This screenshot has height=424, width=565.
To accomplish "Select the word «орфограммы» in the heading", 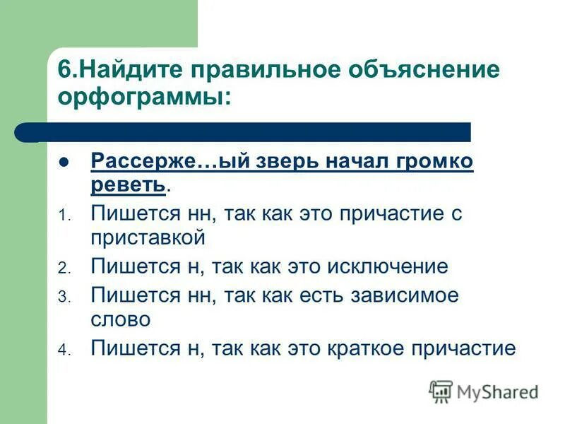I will (x=139, y=97).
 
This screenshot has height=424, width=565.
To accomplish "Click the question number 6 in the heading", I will (x=63, y=71).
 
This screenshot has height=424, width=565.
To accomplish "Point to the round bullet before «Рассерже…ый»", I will (x=64, y=162).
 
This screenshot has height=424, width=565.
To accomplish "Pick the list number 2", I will (x=63, y=269).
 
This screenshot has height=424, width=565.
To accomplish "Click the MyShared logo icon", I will (x=441, y=391).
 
